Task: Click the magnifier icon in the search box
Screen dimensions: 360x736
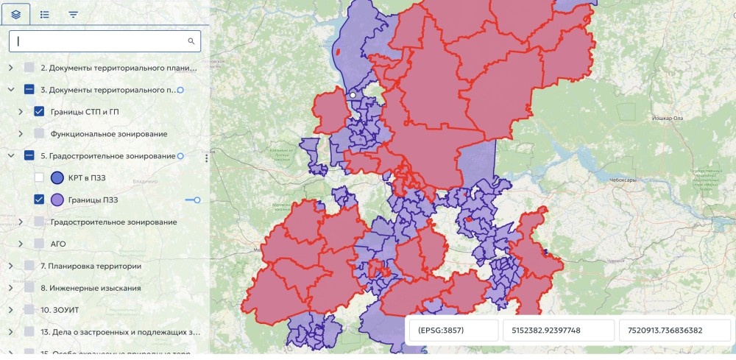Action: (x=191, y=41)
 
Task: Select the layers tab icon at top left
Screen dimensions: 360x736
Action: (x=16, y=14)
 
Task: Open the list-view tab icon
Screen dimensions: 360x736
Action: (x=44, y=14)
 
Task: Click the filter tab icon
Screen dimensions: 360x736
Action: (x=73, y=14)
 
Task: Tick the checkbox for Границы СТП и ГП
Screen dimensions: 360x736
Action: (x=40, y=112)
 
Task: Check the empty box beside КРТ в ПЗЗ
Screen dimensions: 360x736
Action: (x=40, y=177)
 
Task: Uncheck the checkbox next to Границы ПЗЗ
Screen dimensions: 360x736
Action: (x=40, y=200)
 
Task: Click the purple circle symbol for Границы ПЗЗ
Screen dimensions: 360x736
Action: (x=58, y=200)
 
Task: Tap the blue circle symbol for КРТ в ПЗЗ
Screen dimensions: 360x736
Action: (x=58, y=177)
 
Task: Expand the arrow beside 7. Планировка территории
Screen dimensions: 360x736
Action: (x=10, y=266)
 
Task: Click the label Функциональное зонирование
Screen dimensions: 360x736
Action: (x=108, y=134)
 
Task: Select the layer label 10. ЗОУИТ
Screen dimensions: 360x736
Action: (x=59, y=310)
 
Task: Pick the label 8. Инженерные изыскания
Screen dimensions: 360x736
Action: (x=91, y=288)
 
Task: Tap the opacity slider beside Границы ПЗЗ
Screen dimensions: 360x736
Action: (x=193, y=200)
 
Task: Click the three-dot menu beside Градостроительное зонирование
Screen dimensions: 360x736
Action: (x=207, y=157)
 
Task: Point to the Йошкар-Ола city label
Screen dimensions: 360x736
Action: (x=668, y=119)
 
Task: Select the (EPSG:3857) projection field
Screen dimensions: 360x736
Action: (x=452, y=331)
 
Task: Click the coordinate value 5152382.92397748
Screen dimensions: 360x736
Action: (x=557, y=331)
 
